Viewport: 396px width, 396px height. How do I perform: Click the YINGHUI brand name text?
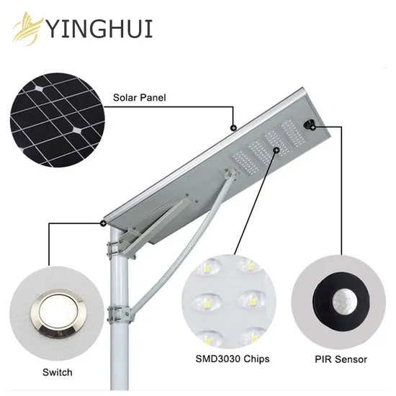[x=100, y=29]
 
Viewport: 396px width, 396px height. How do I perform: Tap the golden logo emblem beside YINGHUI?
[x=28, y=29]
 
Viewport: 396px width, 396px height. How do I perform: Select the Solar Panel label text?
[x=140, y=98]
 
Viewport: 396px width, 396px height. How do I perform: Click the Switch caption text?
[x=58, y=372]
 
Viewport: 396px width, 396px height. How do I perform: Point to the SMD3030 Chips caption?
[x=233, y=359]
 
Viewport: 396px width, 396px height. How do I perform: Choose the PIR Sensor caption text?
[x=341, y=359]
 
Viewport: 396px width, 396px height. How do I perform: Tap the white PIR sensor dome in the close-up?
[x=344, y=301]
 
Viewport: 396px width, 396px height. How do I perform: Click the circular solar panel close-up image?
[x=58, y=120]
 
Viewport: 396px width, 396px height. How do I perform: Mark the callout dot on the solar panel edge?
[x=233, y=127]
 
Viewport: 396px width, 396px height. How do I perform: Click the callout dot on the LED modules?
[x=276, y=150]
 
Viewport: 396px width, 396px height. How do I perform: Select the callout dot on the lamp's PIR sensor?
[x=313, y=127]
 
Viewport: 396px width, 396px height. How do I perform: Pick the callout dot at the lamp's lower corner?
[x=103, y=223]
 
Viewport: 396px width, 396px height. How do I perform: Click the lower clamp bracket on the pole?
[x=119, y=314]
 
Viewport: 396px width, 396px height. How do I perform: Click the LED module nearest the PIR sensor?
[x=292, y=133]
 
